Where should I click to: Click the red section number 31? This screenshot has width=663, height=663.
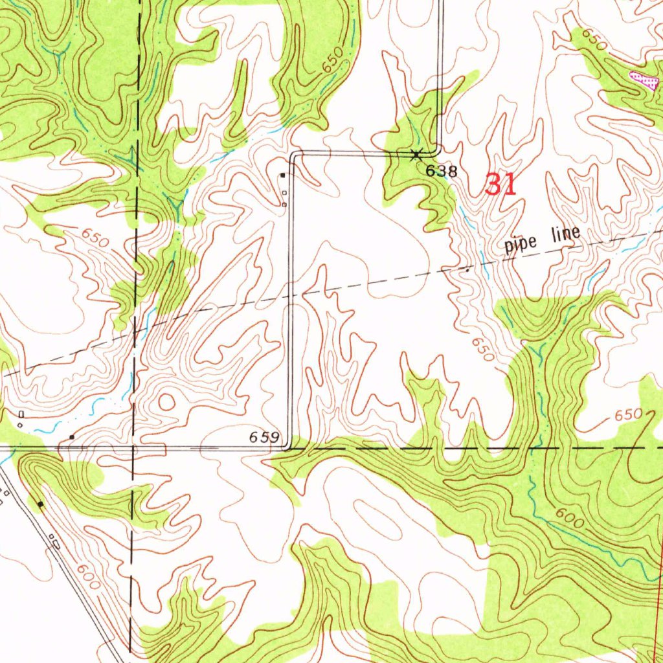tap(500, 185)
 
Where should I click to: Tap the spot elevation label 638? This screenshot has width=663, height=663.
tap(442, 172)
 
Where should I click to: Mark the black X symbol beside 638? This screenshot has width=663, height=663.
tap(416, 153)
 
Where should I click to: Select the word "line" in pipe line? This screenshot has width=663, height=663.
tap(565, 234)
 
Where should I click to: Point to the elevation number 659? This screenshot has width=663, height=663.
tap(264, 438)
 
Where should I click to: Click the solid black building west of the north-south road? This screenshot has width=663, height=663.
tap(282, 175)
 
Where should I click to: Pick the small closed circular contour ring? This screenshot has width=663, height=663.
tap(166, 402)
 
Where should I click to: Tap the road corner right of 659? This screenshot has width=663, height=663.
tap(289, 447)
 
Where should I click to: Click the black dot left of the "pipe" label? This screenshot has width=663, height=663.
tap(468, 270)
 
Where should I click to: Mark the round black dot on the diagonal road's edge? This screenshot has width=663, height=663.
tap(41, 504)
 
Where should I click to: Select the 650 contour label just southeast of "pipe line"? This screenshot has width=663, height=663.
tap(482, 350)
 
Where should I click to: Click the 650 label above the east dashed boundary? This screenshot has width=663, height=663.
tap(628, 414)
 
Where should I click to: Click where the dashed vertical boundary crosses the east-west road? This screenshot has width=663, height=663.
tap(133, 447)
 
